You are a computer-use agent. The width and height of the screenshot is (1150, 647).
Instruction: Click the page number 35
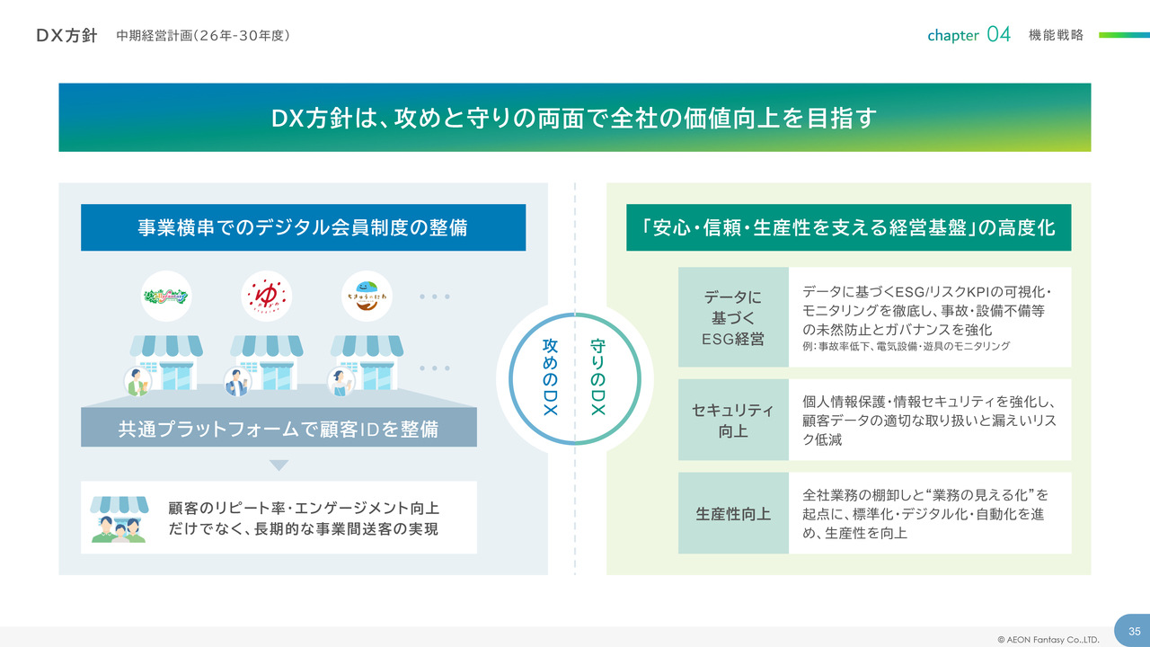point(1134,631)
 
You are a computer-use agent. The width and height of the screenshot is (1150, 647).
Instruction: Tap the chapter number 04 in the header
point(998,35)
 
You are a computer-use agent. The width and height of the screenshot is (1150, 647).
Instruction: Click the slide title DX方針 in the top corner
point(66,35)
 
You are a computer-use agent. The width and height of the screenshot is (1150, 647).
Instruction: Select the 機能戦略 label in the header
point(1057,35)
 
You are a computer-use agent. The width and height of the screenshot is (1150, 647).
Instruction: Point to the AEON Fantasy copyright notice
point(1048,640)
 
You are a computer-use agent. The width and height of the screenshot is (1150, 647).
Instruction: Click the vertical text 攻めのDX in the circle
point(551,377)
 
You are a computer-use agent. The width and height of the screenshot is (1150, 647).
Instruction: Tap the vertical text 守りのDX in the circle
point(597,377)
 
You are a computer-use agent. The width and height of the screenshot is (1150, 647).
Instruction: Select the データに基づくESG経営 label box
point(733,317)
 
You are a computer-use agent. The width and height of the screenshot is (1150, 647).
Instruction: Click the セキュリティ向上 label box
point(733,420)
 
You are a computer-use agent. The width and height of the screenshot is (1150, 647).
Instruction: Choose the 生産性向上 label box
point(733,514)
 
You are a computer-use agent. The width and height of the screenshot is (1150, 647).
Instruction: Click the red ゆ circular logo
point(267,296)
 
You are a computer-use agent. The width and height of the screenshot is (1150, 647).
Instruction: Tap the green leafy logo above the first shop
point(166,296)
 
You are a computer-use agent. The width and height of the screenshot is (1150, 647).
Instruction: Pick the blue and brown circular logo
point(367,296)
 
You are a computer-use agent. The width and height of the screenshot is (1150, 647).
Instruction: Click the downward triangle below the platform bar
point(279,465)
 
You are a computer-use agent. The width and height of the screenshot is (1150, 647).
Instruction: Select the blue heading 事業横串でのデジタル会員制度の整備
point(303,227)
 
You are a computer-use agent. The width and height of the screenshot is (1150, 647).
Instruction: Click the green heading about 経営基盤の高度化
point(848,227)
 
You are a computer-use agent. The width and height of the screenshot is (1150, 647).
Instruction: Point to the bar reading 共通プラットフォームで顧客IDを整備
point(279,429)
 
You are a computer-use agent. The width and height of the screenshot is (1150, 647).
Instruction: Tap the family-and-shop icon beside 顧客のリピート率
point(119,518)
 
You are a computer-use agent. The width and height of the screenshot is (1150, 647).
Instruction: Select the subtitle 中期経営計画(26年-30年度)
point(203,35)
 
